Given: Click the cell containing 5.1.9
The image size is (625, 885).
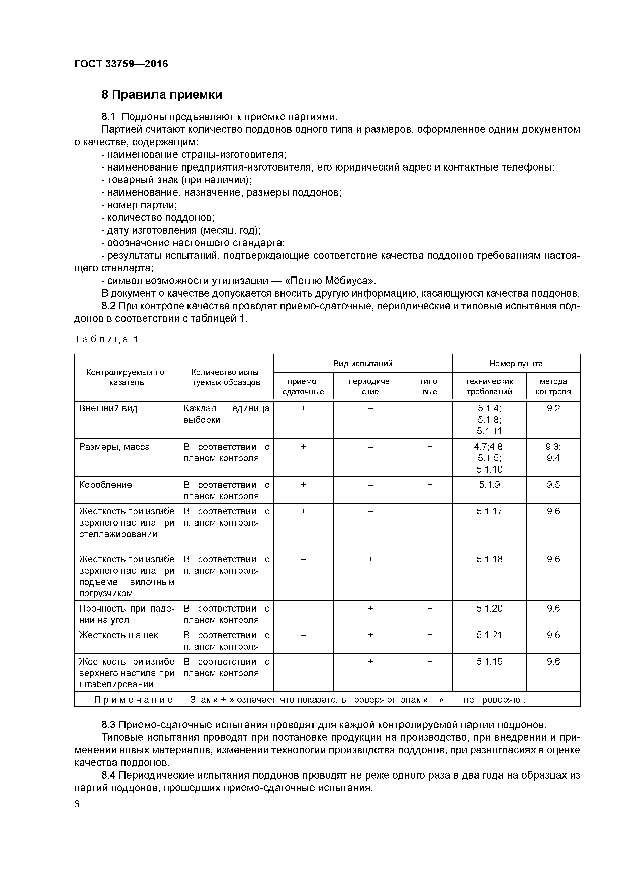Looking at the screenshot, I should click(x=489, y=485).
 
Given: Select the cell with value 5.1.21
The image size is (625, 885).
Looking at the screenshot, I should click(x=489, y=635).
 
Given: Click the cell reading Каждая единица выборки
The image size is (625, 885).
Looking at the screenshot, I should click(x=226, y=414).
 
